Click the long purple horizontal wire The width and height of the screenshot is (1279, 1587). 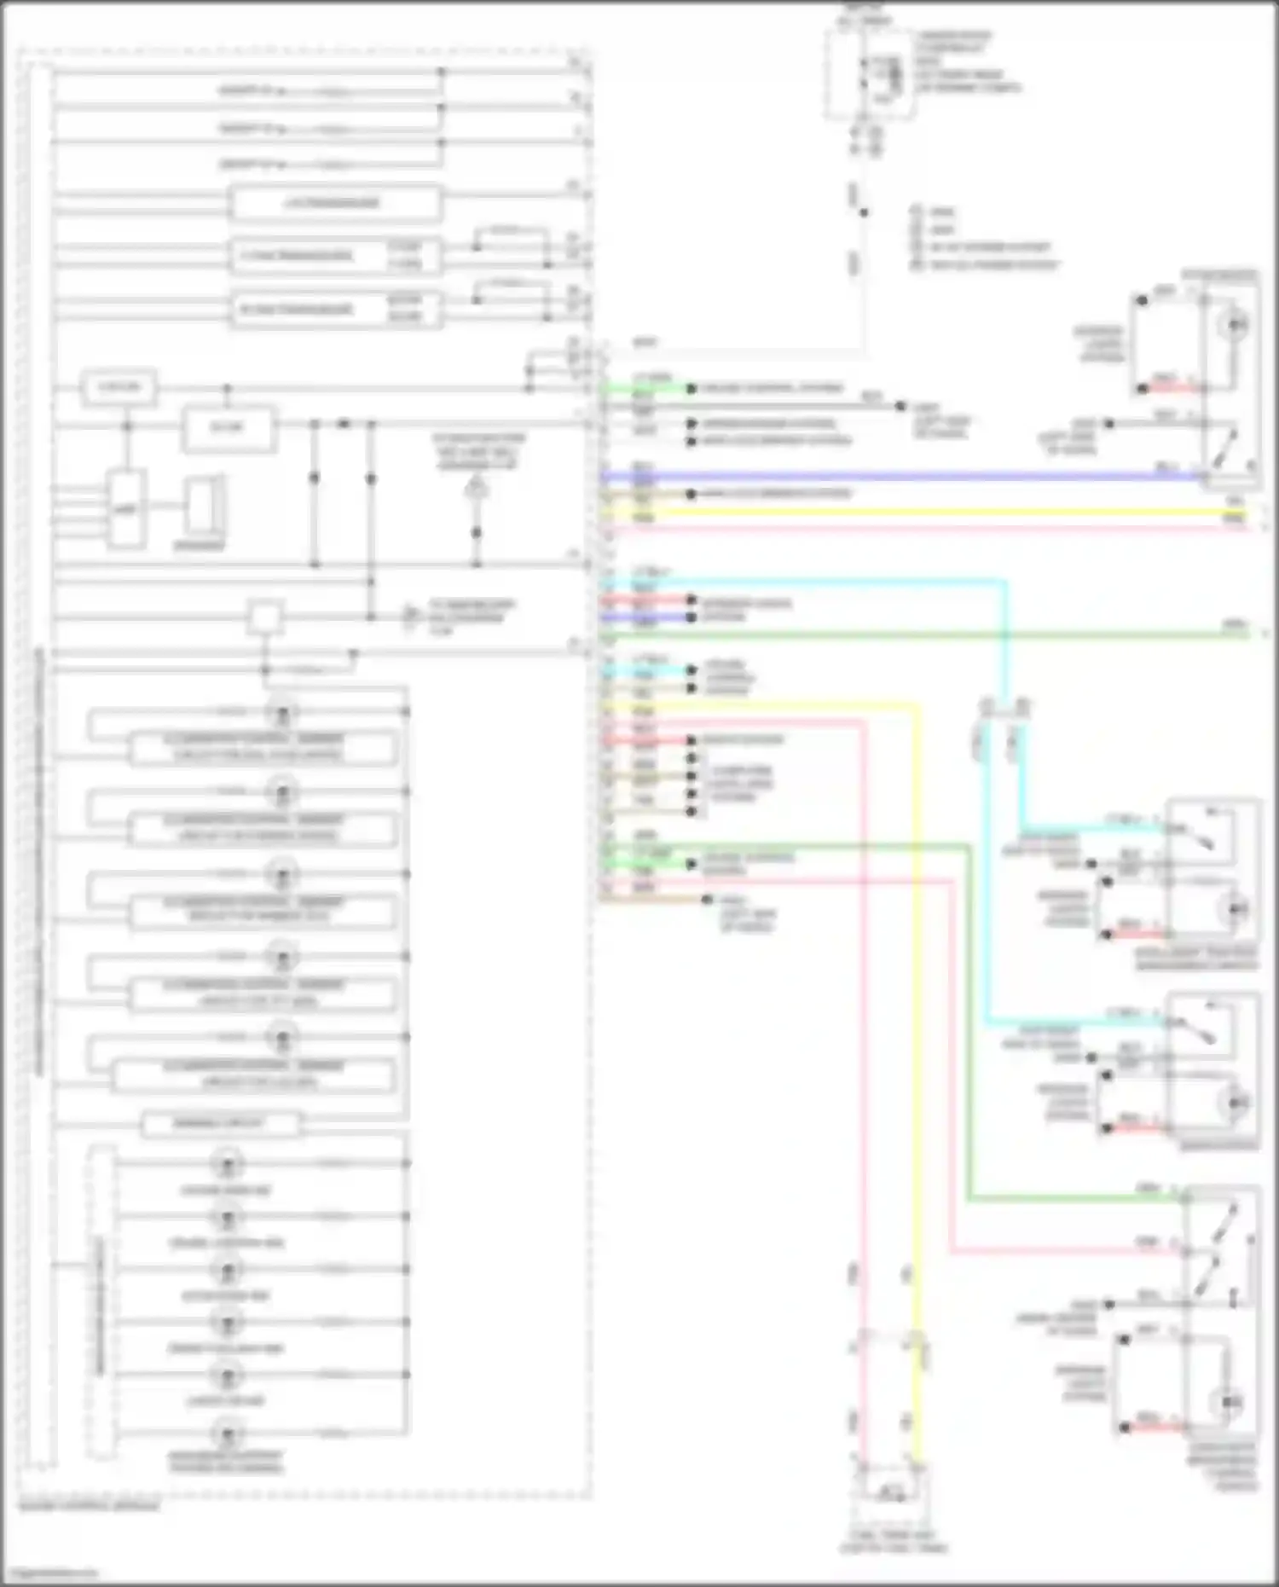895,477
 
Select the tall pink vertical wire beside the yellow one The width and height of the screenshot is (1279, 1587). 862,1023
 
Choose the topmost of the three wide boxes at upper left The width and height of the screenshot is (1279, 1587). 336,204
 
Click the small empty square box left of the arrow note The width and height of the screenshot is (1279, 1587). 265,617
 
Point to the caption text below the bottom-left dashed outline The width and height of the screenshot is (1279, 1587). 90,1507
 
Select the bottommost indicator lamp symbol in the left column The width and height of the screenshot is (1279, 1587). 227,1433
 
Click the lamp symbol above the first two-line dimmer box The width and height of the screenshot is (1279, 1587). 281,712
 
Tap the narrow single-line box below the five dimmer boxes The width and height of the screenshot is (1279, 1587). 220,1124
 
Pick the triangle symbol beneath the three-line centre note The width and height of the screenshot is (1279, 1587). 477,489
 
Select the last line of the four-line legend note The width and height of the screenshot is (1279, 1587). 989,265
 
